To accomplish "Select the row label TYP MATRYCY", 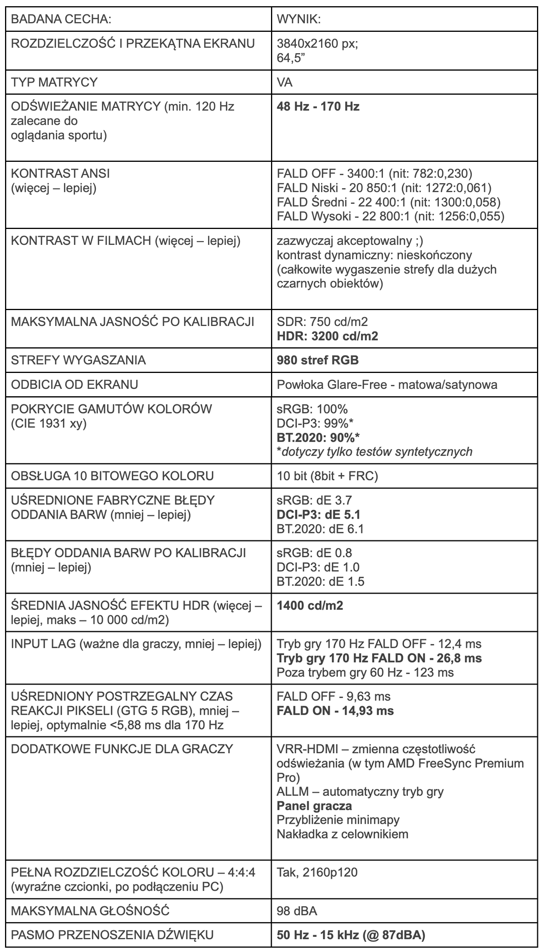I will coord(54,82).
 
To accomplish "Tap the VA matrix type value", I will coord(285,82).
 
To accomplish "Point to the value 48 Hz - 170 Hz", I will coord(318,106).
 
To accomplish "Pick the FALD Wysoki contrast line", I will coord(390,216).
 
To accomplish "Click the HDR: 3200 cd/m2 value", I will coord(327,336).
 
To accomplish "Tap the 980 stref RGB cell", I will coord(318,360).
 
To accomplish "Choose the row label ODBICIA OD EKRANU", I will coord(75,385).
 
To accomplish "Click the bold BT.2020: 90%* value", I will coord(318,437).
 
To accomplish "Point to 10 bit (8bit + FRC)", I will coord(327,476).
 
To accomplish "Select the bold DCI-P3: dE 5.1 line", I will coord(318,515).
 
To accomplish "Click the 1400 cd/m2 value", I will coord(310,606).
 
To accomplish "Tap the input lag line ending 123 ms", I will coord(365,672).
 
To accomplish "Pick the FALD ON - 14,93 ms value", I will coord(335,711).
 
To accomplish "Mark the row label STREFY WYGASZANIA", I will coord(78,360).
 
